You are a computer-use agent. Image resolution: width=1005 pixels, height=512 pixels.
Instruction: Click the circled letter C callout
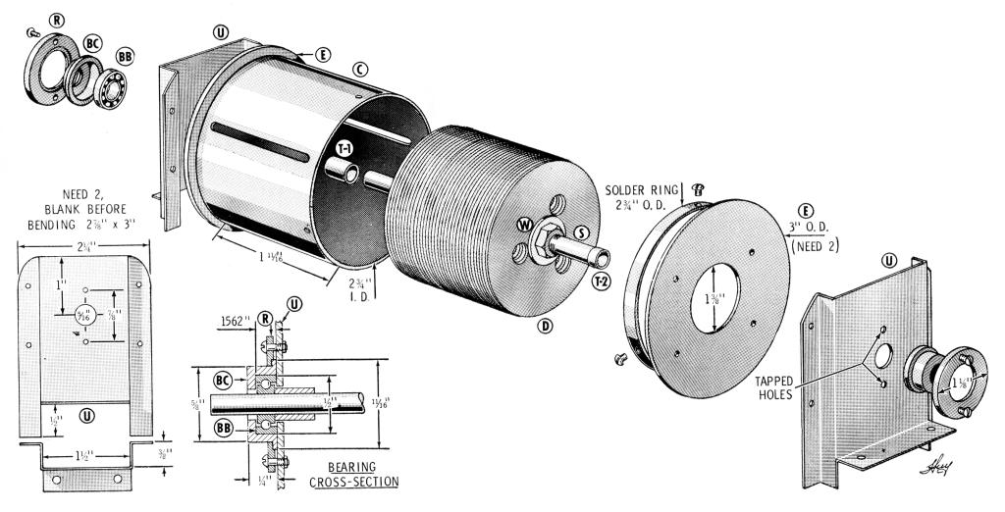tap(360, 69)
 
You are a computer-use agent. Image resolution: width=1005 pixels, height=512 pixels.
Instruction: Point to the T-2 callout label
tap(602, 282)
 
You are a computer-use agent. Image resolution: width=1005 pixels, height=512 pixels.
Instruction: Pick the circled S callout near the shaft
tap(581, 232)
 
